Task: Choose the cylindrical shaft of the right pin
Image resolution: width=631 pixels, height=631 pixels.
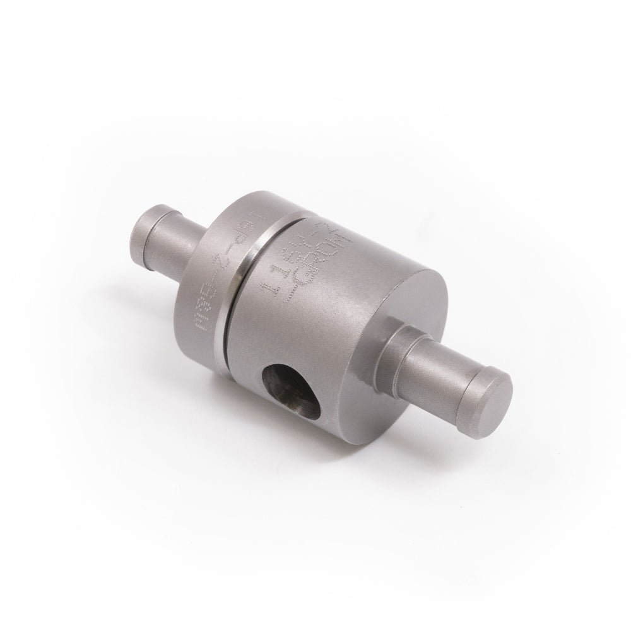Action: coord(442,366)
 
